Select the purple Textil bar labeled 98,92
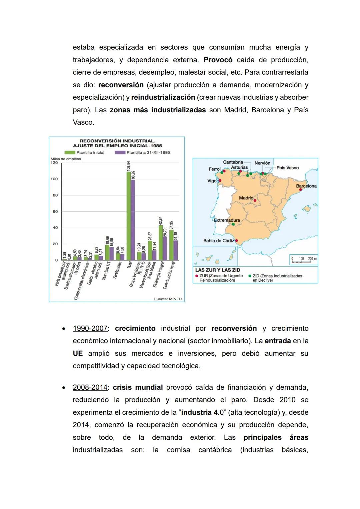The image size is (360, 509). [x=133, y=220]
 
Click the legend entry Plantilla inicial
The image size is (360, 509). [x=85, y=152]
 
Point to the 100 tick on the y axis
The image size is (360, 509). [x=54, y=179]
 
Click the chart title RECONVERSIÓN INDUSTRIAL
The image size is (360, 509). [x=117, y=141]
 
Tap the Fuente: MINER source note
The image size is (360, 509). [x=168, y=299]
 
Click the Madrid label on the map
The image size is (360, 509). [x=246, y=198]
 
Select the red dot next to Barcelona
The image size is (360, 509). [x=300, y=190]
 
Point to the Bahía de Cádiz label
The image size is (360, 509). [x=218, y=241]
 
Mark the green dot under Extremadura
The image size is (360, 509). [x=233, y=224]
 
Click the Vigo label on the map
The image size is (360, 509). [x=212, y=181]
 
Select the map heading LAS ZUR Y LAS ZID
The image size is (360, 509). [x=218, y=270]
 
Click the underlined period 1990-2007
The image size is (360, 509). [x=90, y=328]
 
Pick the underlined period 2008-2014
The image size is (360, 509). [x=90, y=387]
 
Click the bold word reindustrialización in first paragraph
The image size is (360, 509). [x=163, y=97]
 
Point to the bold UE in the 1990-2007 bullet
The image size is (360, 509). [x=78, y=353]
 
